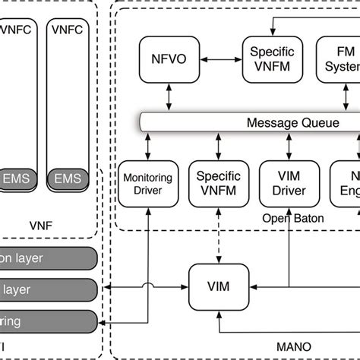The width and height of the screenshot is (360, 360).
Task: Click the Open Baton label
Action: pyautogui.click(x=283, y=219)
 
